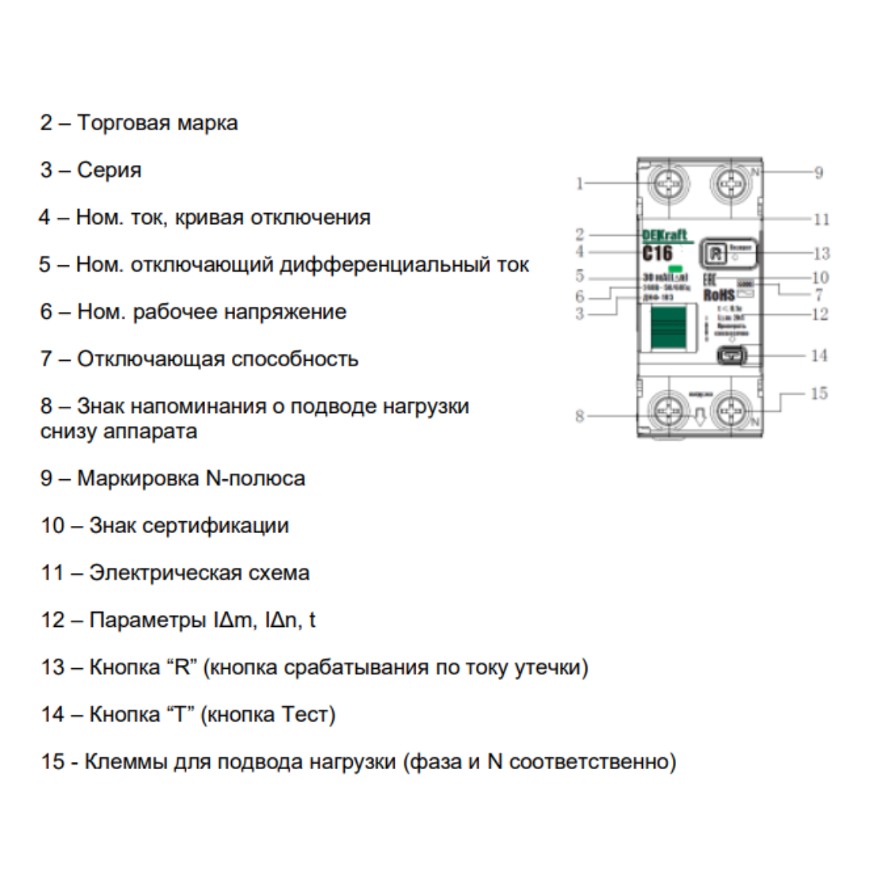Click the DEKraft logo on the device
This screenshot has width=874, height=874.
pos(664,236)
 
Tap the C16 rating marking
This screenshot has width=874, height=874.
pos(657,253)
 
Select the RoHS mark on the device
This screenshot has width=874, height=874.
pos(718,296)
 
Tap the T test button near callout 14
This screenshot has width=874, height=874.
pos(731,355)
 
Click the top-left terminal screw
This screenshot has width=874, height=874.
pos(670,185)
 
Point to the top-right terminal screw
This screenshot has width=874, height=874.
pos(730,185)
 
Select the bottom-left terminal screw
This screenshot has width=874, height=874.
pos(670,412)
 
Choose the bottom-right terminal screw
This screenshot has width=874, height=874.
pos(730,412)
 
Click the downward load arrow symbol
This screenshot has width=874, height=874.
pos(700,416)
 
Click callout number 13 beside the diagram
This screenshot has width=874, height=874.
pos(821,253)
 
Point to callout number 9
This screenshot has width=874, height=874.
pos(818,172)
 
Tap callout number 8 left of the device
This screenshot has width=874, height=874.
pos(579,416)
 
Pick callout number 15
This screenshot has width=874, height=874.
pos(818,393)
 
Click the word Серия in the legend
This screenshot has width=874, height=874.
pos(109,170)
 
